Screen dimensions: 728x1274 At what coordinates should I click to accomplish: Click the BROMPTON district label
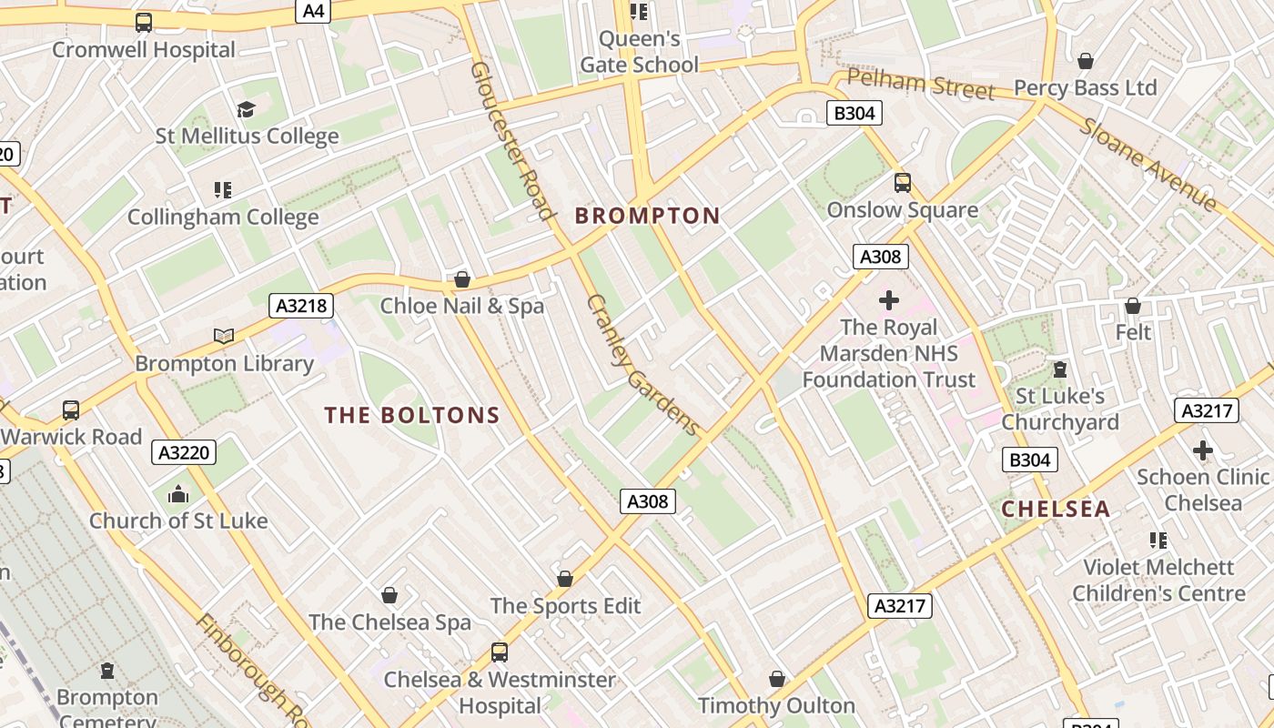point(647,216)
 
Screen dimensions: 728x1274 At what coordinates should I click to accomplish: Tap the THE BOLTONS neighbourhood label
point(412,415)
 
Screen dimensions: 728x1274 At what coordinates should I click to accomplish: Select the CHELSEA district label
point(1056,509)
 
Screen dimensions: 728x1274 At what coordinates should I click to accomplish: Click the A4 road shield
point(313,10)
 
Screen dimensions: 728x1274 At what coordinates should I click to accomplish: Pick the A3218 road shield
point(301,306)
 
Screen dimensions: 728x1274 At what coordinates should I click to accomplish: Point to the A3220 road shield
point(184,452)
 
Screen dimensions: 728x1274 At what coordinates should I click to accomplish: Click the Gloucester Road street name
point(511,140)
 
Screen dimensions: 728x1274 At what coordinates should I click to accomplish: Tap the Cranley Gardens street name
point(643,364)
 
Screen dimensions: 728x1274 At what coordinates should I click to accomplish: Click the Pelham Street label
point(921,84)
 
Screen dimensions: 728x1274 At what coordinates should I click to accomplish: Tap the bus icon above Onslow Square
point(902,183)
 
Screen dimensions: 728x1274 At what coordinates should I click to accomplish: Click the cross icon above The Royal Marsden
point(888,300)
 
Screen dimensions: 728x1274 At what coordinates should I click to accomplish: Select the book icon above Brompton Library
point(224,336)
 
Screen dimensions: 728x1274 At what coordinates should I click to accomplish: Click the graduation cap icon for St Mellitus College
point(246,110)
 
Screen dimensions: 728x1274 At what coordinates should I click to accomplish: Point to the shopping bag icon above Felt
point(1132,306)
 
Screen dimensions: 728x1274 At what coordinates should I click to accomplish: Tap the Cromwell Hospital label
point(144,49)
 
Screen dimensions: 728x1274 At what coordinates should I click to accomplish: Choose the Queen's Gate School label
point(639,52)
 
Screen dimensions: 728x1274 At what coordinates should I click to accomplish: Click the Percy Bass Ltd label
point(1085,88)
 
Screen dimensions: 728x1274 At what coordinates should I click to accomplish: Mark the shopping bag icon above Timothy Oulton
point(776,680)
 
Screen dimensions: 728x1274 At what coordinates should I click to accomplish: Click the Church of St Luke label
point(178,521)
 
